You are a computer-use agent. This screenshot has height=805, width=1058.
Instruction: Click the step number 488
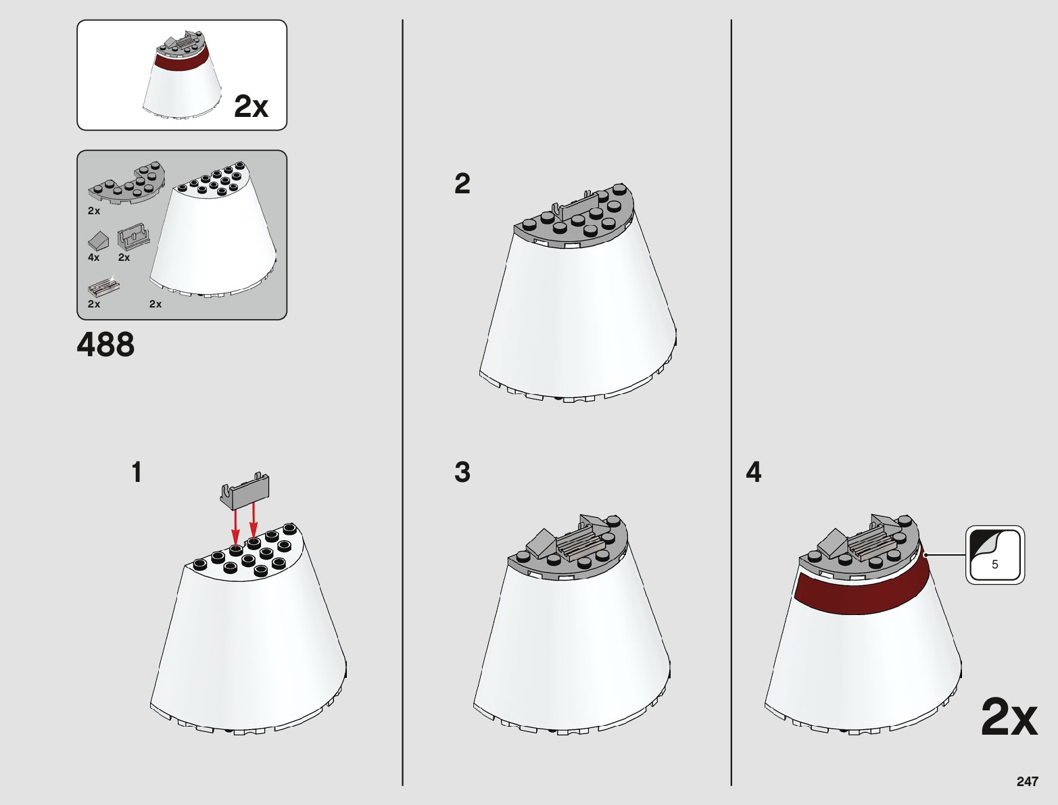click(x=105, y=345)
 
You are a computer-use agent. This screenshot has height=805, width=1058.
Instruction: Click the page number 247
click(x=1027, y=781)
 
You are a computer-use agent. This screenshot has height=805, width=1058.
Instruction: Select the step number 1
click(x=137, y=472)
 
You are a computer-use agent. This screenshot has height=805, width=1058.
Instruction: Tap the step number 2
click(x=462, y=184)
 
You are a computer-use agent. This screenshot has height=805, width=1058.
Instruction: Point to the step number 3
click(x=462, y=472)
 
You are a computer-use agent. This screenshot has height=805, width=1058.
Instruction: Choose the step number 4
click(x=754, y=472)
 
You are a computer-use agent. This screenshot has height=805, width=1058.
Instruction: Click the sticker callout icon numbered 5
click(x=995, y=554)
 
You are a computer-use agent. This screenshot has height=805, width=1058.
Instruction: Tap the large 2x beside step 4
click(x=1009, y=717)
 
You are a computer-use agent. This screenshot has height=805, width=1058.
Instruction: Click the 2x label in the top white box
click(x=251, y=106)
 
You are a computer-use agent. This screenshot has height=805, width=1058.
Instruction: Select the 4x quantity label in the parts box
click(x=93, y=258)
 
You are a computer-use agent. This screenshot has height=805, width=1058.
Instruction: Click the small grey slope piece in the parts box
click(x=98, y=241)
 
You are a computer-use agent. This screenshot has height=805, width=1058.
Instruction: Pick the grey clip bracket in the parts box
click(x=133, y=237)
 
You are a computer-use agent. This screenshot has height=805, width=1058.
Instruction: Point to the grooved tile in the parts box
click(x=103, y=287)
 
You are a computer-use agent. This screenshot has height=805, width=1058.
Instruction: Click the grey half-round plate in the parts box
click(x=127, y=183)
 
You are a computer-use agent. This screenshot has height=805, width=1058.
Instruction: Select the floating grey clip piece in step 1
click(x=245, y=491)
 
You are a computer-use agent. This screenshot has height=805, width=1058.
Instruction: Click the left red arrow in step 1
click(x=235, y=529)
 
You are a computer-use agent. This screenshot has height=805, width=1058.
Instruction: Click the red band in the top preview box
click(x=183, y=58)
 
